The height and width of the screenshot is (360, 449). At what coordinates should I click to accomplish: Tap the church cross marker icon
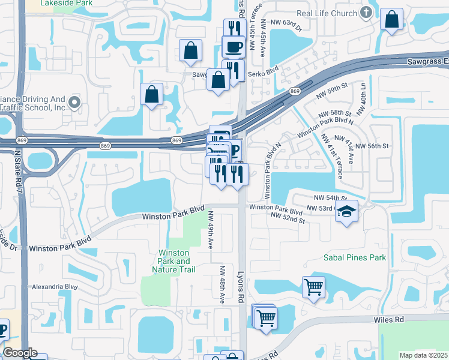point(366,13)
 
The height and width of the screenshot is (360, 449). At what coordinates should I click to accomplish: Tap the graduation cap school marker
point(346,212)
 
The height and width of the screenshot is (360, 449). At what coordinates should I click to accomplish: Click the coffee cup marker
point(233,46)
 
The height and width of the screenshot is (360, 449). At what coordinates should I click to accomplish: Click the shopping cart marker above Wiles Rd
point(313,288)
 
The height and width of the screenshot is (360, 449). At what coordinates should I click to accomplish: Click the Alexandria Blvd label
point(55,287)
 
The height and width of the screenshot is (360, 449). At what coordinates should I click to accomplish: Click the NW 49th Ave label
point(211,230)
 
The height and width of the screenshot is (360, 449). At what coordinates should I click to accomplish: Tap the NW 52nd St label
point(288,217)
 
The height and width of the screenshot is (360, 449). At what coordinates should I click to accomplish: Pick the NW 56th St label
point(372,146)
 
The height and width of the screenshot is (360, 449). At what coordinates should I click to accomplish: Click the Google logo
point(20,353)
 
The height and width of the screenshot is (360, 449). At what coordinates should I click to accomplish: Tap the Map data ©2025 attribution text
point(423,355)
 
